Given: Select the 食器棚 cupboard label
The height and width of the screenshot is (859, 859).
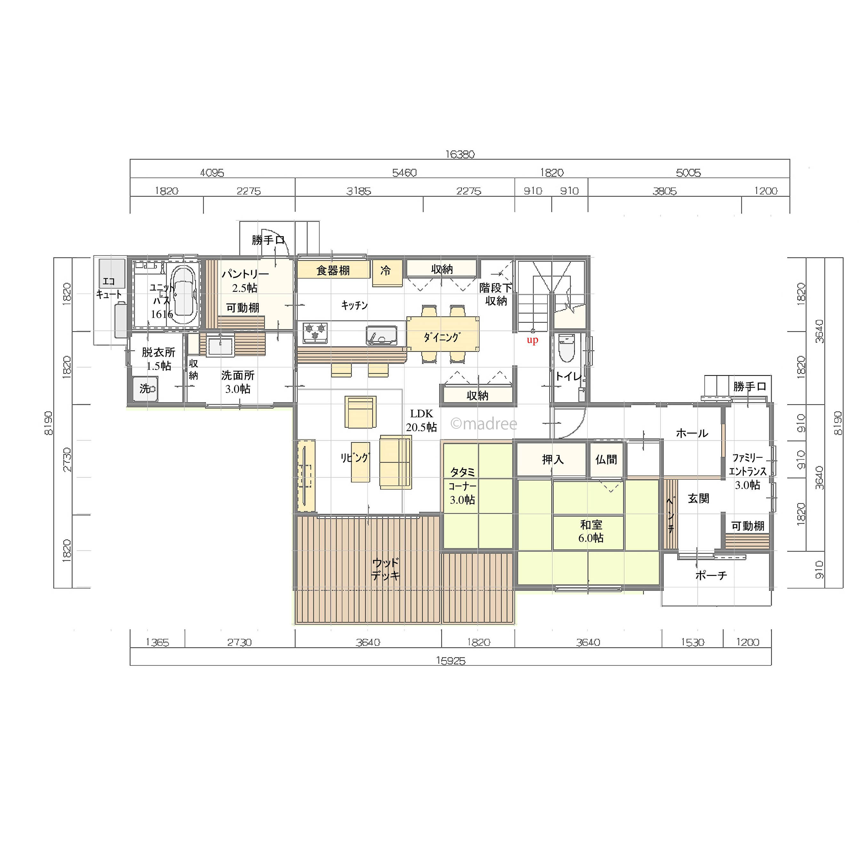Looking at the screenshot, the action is (x=333, y=270).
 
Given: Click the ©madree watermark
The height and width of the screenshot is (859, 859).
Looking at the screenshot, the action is (x=484, y=424).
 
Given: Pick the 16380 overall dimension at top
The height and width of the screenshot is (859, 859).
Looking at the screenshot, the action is (x=460, y=154).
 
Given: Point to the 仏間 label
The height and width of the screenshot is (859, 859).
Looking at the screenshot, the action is (x=607, y=459).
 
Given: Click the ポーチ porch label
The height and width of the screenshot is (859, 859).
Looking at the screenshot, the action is (x=711, y=575).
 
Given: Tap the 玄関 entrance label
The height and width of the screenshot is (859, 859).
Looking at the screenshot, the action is (x=698, y=498).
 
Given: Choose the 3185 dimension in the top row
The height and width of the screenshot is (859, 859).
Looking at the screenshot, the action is (x=359, y=191).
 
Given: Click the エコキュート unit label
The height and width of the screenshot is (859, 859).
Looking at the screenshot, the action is (x=109, y=288).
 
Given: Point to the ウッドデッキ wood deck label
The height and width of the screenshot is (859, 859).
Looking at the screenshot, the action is (x=386, y=569).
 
